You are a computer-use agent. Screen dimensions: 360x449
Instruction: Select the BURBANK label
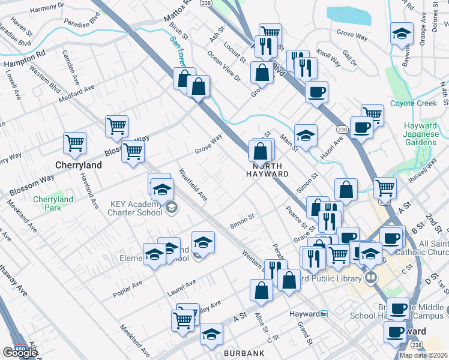pyautogui.click(x=243, y=353)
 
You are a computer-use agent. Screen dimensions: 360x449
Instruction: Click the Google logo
pyautogui.click(x=19, y=353)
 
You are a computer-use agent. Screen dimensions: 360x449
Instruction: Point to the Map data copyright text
pyautogui.click(x=424, y=355)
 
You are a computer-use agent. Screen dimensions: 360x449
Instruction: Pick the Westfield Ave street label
pyautogui.click(x=193, y=185)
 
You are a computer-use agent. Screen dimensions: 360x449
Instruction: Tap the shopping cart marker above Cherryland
pyautogui.click(x=75, y=143)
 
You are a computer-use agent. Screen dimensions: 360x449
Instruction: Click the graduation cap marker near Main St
pyautogui.click(x=306, y=134)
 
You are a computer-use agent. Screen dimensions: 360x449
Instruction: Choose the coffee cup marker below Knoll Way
pyautogui.click(x=316, y=92)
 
